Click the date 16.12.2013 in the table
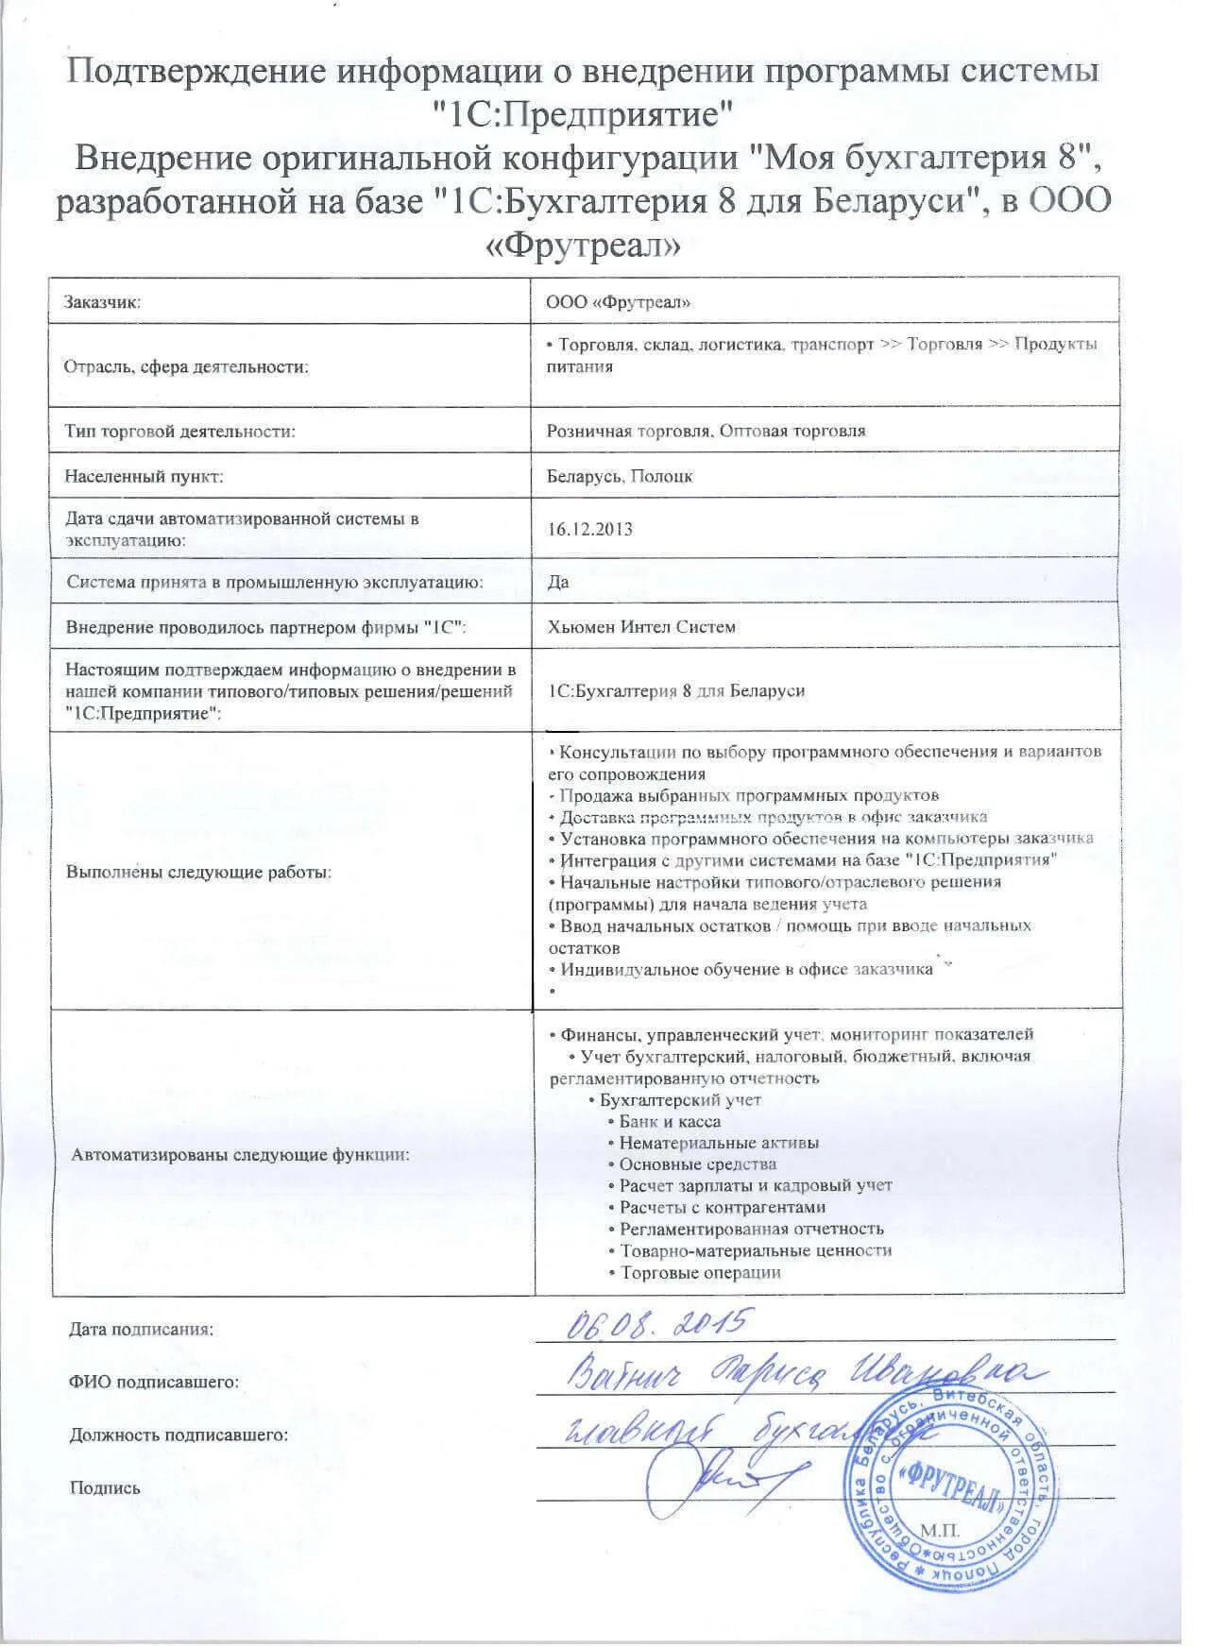click(590, 529)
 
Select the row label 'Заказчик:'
click(103, 302)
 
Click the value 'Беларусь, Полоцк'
click(620, 476)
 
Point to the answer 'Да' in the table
click(558, 582)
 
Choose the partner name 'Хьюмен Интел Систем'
click(641, 627)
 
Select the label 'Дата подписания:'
click(142, 1330)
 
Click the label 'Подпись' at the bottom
click(105, 1488)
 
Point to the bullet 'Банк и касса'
click(670, 1122)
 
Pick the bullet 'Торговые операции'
click(700, 1272)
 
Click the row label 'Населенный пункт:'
click(144, 476)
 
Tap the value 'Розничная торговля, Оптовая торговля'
click(707, 431)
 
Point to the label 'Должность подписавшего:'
click(179, 1435)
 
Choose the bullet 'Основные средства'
click(697, 1164)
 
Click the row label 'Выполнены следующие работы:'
click(198, 872)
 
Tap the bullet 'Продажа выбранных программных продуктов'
click(749, 795)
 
